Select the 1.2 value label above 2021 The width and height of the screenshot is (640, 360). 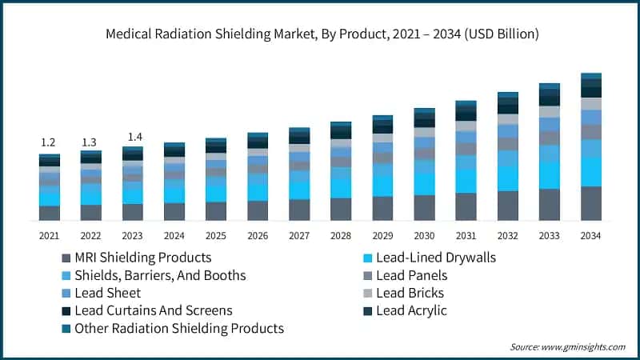click(49, 142)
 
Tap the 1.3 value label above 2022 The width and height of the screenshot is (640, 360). click(90, 142)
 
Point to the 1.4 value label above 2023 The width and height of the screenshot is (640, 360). click(132, 137)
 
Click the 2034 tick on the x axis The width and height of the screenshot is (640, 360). click(590, 235)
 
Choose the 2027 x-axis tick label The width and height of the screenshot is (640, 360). click(299, 235)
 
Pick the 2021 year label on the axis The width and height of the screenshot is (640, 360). click(49, 235)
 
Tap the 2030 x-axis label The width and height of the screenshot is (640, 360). click(424, 235)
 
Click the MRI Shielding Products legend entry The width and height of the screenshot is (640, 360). click(142, 258)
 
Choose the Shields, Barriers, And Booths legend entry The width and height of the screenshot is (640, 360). click(160, 275)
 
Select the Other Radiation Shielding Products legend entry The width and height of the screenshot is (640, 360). click(178, 328)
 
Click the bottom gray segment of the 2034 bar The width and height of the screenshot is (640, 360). click(590, 203)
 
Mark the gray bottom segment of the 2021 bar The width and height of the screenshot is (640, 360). click(49, 213)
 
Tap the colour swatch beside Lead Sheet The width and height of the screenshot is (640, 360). click(66, 294)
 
